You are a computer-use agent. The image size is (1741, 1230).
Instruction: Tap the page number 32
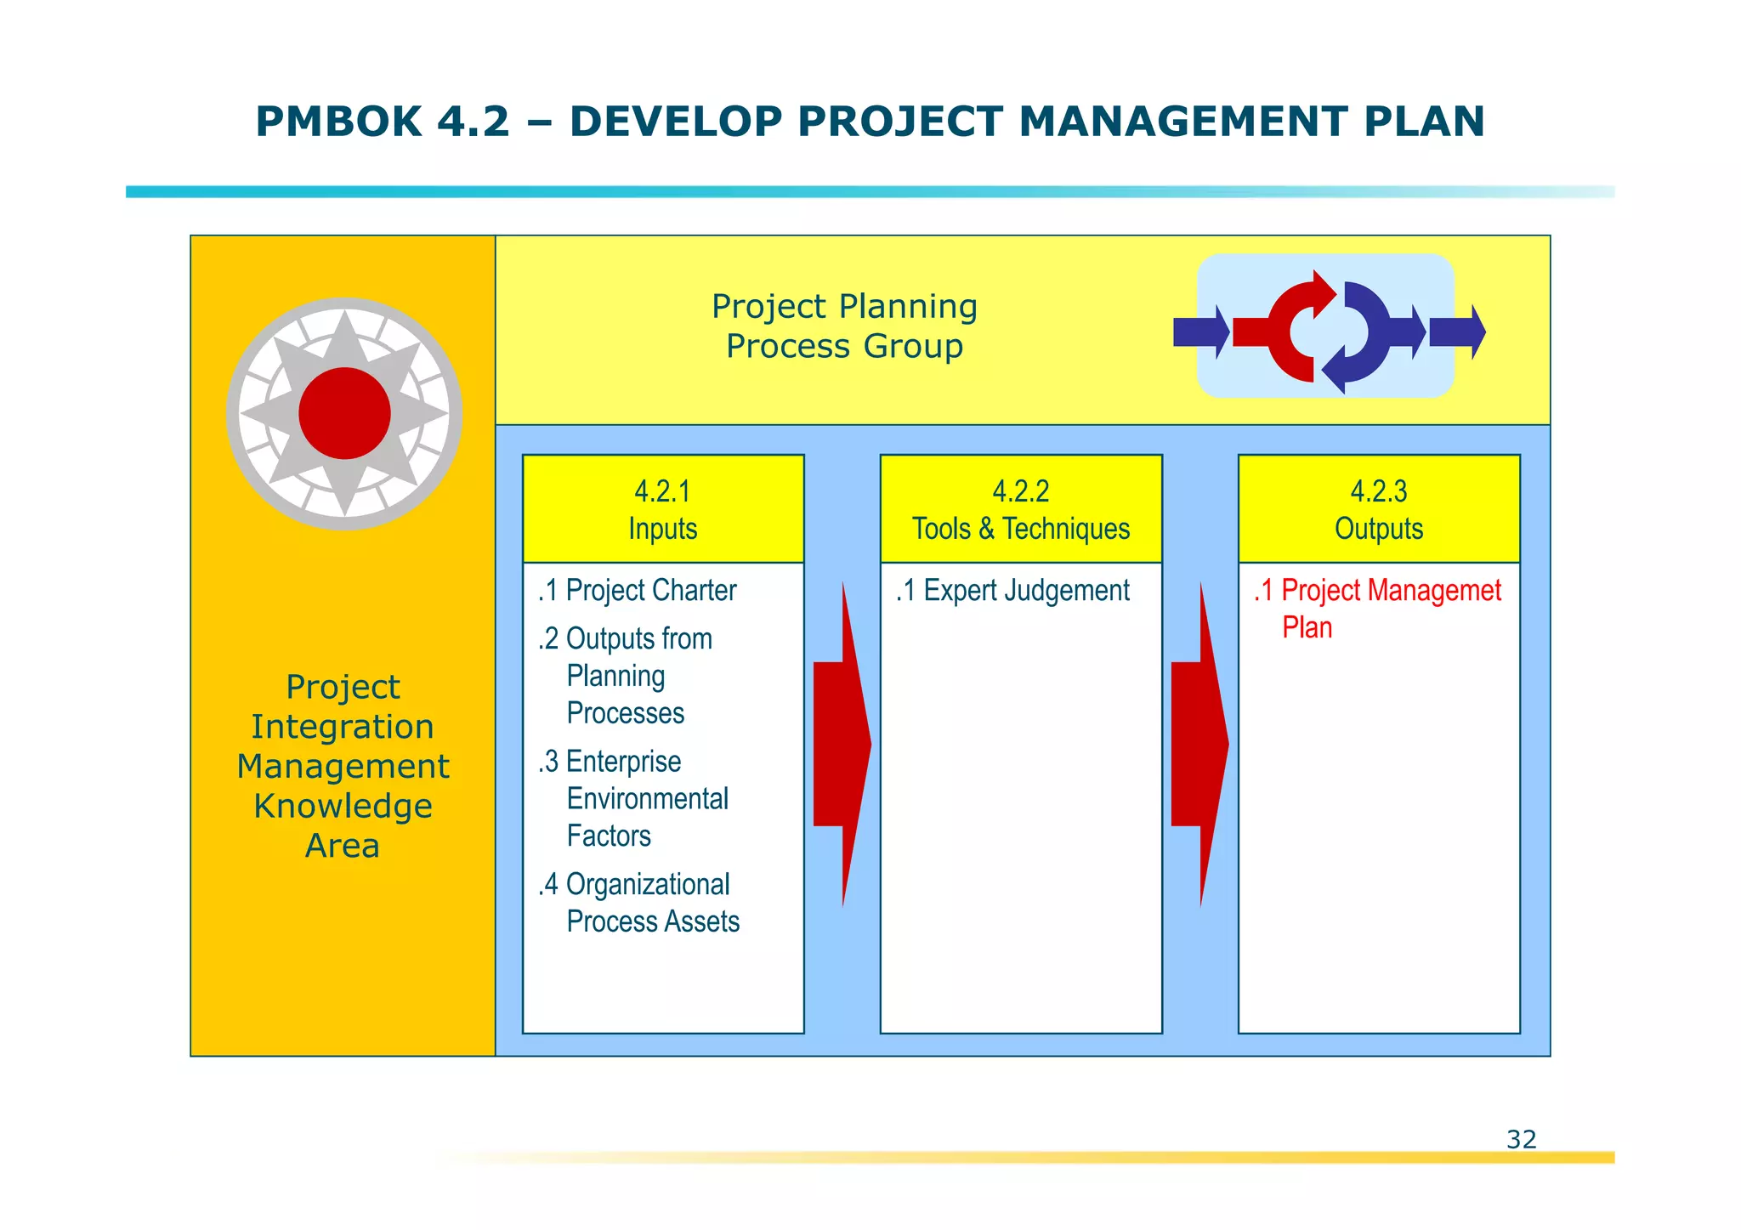[1521, 1139]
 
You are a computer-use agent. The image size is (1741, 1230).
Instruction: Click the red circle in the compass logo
[344, 414]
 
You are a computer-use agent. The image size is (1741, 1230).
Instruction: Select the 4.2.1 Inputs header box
[663, 509]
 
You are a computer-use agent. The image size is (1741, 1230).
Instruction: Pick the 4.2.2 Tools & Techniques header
[1021, 509]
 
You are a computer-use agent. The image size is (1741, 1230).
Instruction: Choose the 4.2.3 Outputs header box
[1379, 509]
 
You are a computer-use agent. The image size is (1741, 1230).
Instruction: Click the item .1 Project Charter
[638, 590]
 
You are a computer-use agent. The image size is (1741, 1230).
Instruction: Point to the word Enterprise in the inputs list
[623, 762]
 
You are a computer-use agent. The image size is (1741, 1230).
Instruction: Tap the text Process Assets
[653, 921]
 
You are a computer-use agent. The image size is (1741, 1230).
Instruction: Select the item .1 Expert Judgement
[1012, 590]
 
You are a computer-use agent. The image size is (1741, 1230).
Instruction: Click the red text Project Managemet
[1391, 590]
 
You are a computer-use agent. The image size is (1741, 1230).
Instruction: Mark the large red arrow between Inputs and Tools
[842, 744]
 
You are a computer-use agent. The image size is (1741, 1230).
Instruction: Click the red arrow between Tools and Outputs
[1199, 744]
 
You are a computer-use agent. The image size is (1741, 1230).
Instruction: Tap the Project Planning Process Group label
[844, 326]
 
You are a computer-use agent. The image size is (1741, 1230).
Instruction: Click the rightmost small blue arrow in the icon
[1456, 332]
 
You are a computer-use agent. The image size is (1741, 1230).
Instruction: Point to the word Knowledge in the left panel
[343, 806]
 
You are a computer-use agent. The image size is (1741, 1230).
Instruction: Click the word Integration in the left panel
[343, 727]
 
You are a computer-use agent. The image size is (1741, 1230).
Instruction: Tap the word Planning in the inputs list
[615, 677]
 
